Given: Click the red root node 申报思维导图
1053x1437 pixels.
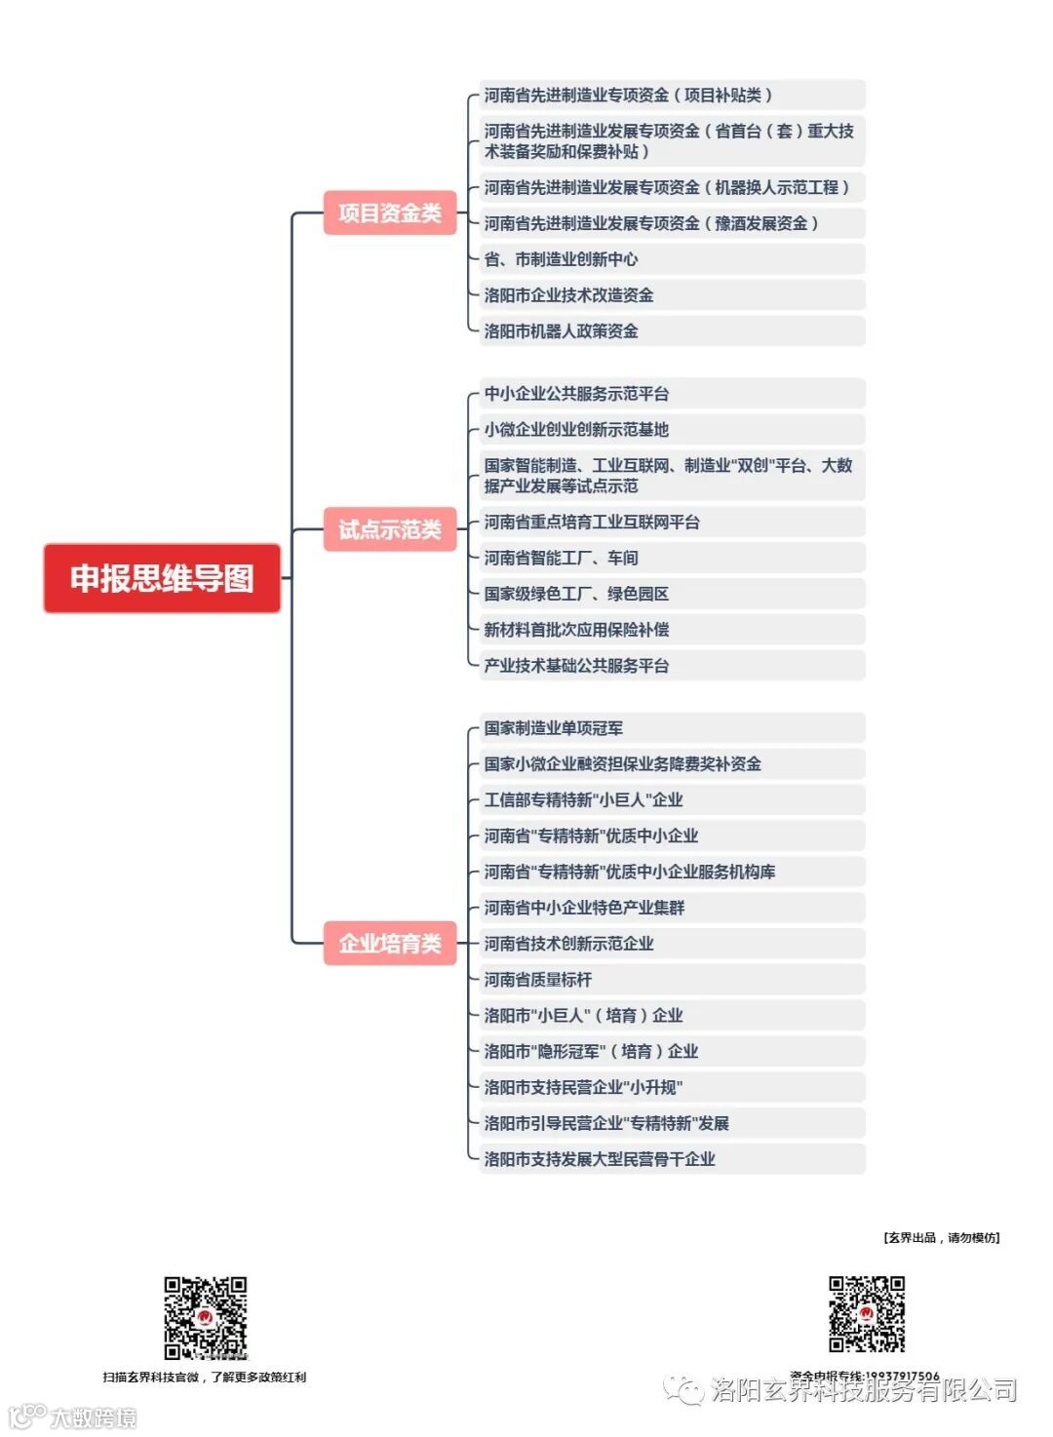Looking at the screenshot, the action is pyautogui.click(x=162, y=578).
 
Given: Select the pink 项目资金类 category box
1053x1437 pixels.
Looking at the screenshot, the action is pyautogui.click(x=390, y=213).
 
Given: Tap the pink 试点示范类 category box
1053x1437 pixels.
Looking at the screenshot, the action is pyautogui.click(x=390, y=529).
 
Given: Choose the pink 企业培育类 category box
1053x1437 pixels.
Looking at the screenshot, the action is pyautogui.click(x=390, y=943).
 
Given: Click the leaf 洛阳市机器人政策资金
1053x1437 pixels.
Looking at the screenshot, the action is pyautogui.click(x=562, y=331).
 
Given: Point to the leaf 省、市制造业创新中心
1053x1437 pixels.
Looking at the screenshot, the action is pyautogui.click(x=562, y=259).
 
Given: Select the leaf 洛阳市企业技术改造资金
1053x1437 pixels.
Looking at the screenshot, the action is pyautogui.click(x=569, y=295).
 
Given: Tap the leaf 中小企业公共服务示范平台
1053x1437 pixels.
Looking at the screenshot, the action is pyautogui.click(x=577, y=394).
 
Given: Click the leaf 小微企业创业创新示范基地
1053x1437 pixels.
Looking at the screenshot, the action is pyautogui.click(x=577, y=430).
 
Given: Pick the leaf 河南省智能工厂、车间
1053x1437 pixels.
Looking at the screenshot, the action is pyautogui.click(x=562, y=558).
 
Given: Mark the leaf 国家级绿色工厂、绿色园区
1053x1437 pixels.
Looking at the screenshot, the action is pyautogui.click(x=577, y=594).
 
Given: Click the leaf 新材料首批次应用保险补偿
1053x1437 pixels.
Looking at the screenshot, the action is pyautogui.click(x=577, y=630).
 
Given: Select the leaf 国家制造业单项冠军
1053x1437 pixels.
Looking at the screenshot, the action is pyautogui.click(x=554, y=728).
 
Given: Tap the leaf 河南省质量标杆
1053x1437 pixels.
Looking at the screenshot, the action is pyautogui.click(x=538, y=980).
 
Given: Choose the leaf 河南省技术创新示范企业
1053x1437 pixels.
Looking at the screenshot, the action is pyautogui.click(x=569, y=944).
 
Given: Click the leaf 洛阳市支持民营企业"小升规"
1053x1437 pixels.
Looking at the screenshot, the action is pyautogui.click(x=584, y=1087).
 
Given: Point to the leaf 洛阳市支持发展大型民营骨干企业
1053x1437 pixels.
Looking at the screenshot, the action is pyautogui.click(x=600, y=1159).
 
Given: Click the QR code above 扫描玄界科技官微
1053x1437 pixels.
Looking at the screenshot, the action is pyautogui.click(x=205, y=1317).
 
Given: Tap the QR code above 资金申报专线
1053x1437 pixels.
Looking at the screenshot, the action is pyautogui.click(x=867, y=1313).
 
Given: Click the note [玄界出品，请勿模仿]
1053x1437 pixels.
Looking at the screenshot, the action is pyautogui.click(x=942, y=1237).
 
